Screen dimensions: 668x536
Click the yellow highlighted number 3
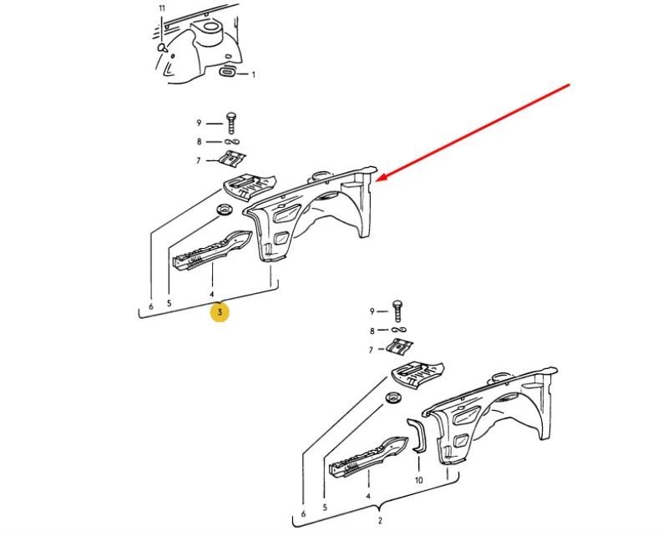(220, 312)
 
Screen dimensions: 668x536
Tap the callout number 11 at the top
(162, 8)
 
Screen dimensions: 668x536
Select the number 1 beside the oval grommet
(254, 75)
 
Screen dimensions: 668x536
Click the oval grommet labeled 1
(227, 72)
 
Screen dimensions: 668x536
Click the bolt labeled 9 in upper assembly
(231, 123)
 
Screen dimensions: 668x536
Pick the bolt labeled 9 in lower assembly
(398, 311)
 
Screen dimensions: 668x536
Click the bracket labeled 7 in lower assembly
(400, 346)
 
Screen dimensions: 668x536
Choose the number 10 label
(419, 480)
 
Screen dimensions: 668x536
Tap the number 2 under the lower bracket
(380, 520)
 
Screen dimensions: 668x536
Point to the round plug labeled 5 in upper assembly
(224, 210)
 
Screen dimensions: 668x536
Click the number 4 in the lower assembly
(368, 496)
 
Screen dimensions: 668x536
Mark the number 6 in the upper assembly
(151, 306)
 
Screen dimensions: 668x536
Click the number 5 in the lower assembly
(325, 508)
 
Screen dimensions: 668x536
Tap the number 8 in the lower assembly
(372, 331)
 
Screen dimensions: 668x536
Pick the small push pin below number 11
(162, 48)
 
